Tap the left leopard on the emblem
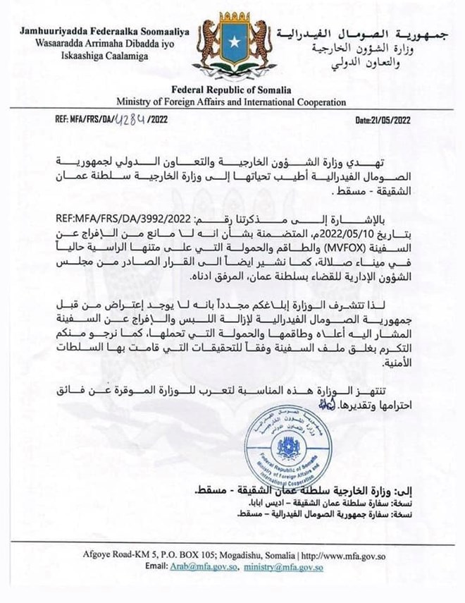[x=206, y=44]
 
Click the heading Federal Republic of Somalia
[x=232, y=91]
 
